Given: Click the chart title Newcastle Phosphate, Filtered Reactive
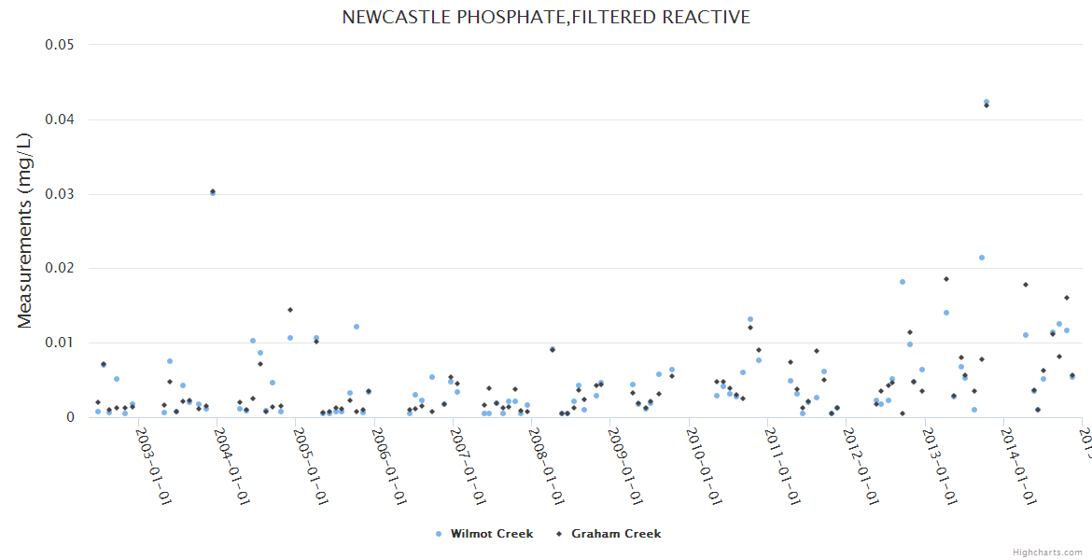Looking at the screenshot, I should coord(546,18).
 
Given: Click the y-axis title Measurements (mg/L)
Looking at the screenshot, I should coord(25,230).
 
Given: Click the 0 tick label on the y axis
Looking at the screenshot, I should coord(69,417).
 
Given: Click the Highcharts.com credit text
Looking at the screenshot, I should coord(1047,553).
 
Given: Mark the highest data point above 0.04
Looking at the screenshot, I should coord(987,103).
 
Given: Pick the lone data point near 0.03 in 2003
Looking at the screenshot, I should coord(213,192).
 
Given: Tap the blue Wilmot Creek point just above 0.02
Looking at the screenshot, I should coord(982,258).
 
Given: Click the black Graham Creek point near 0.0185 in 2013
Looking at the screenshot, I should coord(946,279).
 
